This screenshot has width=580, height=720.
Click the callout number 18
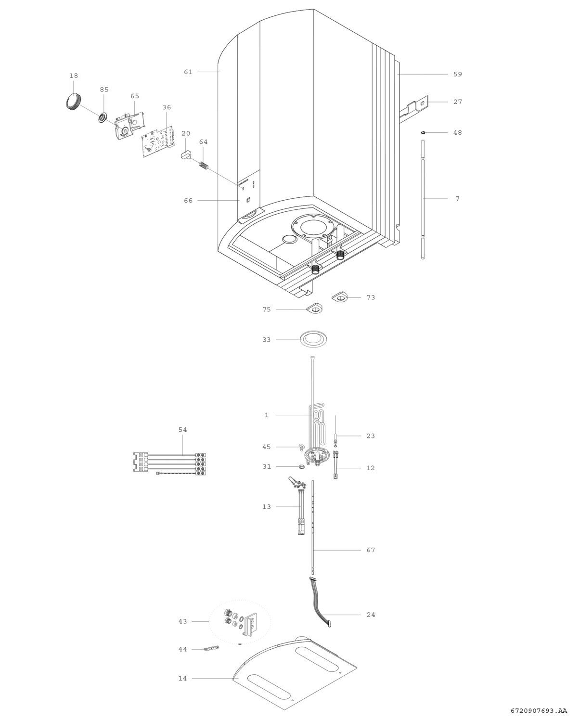[74, 76]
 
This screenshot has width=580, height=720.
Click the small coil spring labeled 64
[204, 165]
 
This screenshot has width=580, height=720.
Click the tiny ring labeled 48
[424, 132]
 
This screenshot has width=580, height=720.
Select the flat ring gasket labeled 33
[313, 339]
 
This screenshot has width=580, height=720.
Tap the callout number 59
[458, 74]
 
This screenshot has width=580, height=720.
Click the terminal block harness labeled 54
[169, 463]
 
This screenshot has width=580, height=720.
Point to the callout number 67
[371, 550]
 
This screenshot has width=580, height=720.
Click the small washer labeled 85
[102, 117]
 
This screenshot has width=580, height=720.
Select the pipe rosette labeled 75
[315, 309]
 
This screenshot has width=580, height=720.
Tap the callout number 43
[182, 621]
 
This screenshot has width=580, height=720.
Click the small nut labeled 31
[301, 466]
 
